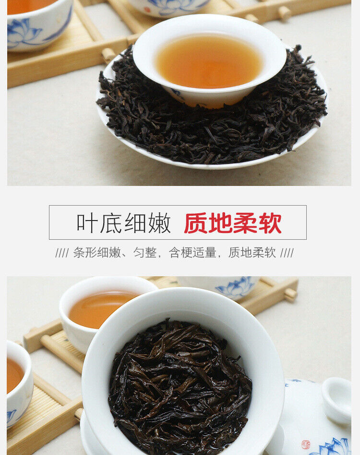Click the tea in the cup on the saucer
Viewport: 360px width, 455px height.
click(209, 61)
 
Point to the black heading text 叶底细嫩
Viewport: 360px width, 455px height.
click(123, 223)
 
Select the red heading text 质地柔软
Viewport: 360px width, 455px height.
click(233, 223)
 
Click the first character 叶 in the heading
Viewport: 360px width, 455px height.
click(87, 223)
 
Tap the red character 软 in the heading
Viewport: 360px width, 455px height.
click(270, 223)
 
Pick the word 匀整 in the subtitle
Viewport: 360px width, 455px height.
click(145, 253)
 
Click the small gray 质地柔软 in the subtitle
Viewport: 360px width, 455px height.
click(252, 253)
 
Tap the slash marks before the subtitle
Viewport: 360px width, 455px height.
click(62, 253)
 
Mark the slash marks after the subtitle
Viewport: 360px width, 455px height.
click(287, 253)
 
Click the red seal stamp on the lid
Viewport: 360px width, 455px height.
click(306, 444)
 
